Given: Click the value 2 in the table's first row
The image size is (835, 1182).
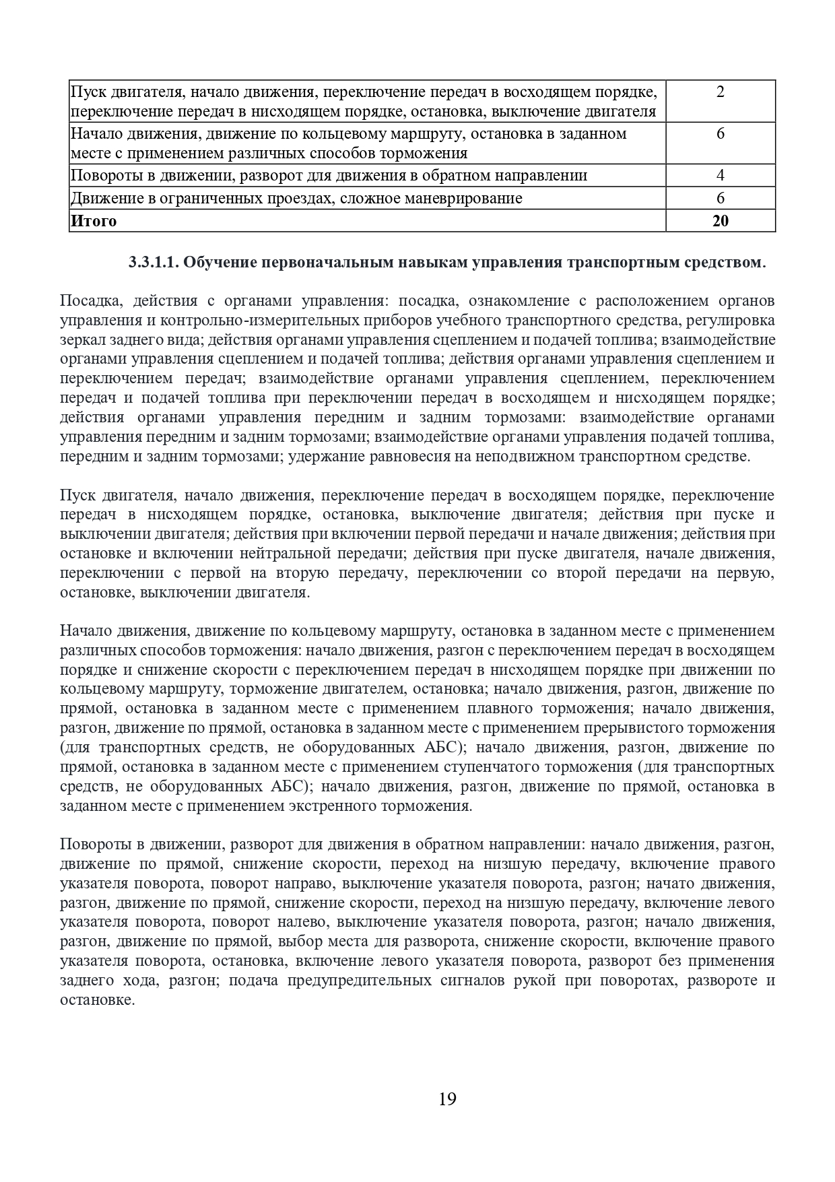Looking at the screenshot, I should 720,92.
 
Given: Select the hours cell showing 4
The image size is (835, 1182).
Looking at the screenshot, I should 720,176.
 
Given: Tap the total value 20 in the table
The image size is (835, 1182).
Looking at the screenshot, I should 720,221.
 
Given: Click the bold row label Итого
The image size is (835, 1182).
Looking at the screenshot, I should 94,221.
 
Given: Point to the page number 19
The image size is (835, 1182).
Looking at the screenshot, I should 447,1100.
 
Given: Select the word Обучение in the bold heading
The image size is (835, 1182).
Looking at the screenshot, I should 215,262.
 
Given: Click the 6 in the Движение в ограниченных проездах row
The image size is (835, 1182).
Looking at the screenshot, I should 720,198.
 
